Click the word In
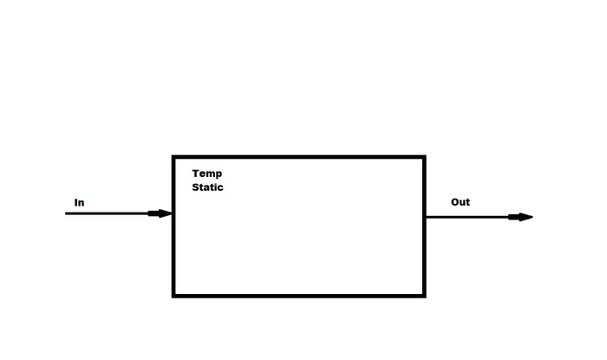tap(79, 203)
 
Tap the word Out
tap(460, 202)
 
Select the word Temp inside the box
tap(207, 173)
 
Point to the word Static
tap(207, 187)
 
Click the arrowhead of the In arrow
tap(161, 213)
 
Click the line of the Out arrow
tap(468, 217)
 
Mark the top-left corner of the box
tap(173, 157)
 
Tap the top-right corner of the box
tap(424, 157)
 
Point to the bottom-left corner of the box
tap(173, 296)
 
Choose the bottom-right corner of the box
tap(424, 296)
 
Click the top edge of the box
tap(299, 157)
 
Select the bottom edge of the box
tap(299, 296)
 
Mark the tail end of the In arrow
tap(67, 213)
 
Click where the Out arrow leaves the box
tap(426, 217)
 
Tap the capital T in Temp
tap(196, 173)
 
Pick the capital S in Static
tap(196, 187)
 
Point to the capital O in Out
tap(455, 202)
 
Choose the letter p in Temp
tap(219, 174)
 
